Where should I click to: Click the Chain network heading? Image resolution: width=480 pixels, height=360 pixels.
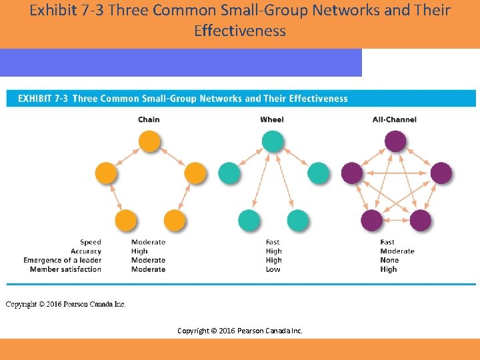149,119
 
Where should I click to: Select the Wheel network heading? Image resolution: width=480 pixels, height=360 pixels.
272,119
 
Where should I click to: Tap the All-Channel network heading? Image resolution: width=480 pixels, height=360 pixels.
395,119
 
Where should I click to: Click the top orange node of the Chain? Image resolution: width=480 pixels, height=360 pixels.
149,141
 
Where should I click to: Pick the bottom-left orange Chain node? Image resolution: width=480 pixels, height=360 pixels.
125,220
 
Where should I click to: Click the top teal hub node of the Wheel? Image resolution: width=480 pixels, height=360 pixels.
272,141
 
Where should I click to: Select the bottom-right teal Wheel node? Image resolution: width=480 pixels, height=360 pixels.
297,220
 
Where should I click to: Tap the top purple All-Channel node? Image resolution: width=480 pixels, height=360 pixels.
395,141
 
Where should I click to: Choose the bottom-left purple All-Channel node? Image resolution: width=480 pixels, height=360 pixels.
371,220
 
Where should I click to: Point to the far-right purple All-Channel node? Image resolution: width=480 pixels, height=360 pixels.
441,173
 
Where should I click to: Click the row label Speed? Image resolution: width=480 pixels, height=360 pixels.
91,242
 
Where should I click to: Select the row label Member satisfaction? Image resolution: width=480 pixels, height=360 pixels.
65,269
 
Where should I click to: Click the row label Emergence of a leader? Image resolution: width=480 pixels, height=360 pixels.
62,260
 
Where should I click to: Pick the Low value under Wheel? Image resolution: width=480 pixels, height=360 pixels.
273,269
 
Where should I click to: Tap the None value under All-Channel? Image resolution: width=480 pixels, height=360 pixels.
389,260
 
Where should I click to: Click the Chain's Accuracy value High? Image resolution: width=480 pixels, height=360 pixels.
139,251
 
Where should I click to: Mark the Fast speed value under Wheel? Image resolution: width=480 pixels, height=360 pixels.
273,242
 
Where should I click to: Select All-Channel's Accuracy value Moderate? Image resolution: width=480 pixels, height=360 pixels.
397,251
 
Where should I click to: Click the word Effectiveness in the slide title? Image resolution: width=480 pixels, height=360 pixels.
240,31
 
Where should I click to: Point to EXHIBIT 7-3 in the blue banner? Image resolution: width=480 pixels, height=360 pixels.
43,99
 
